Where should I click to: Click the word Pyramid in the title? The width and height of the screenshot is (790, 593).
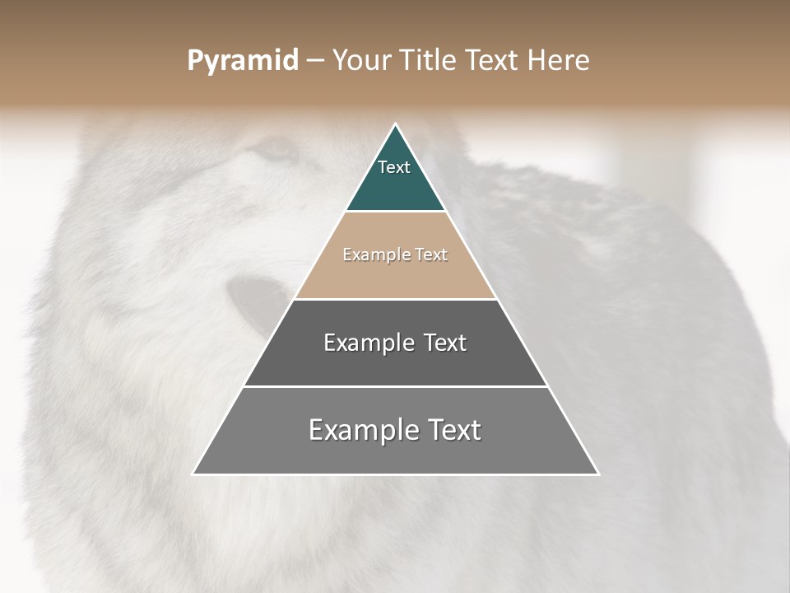pos(242,61)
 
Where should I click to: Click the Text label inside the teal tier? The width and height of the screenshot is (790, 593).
pos(394,167)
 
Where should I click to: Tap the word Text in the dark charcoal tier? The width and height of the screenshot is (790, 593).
pos(445,343)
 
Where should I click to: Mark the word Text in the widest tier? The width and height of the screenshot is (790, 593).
pos(453,430)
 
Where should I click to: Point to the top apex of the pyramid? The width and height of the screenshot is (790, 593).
pos(396,125)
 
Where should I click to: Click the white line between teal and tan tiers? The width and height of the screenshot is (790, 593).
pos(395,212)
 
